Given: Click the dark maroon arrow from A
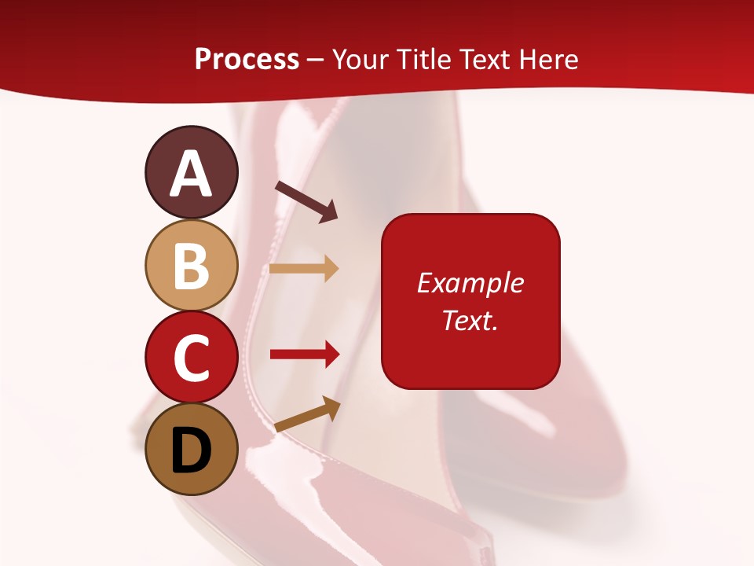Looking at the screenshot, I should click(306, 201).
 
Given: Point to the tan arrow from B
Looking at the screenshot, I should click(304, 269).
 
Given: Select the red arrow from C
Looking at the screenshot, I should click(304, 355).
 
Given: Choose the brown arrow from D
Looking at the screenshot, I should click(307, 414).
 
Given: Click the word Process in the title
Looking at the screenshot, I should click(247, 60).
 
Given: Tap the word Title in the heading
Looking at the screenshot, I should click(422, 60).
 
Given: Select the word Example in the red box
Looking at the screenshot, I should click(470, 283).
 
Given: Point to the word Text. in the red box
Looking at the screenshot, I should click(470, 320).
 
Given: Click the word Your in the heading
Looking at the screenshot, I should click(359, 60).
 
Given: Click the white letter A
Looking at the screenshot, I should click(191, 174).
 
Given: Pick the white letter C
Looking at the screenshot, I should click(191, 358).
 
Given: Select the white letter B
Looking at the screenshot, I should click(191, 265).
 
